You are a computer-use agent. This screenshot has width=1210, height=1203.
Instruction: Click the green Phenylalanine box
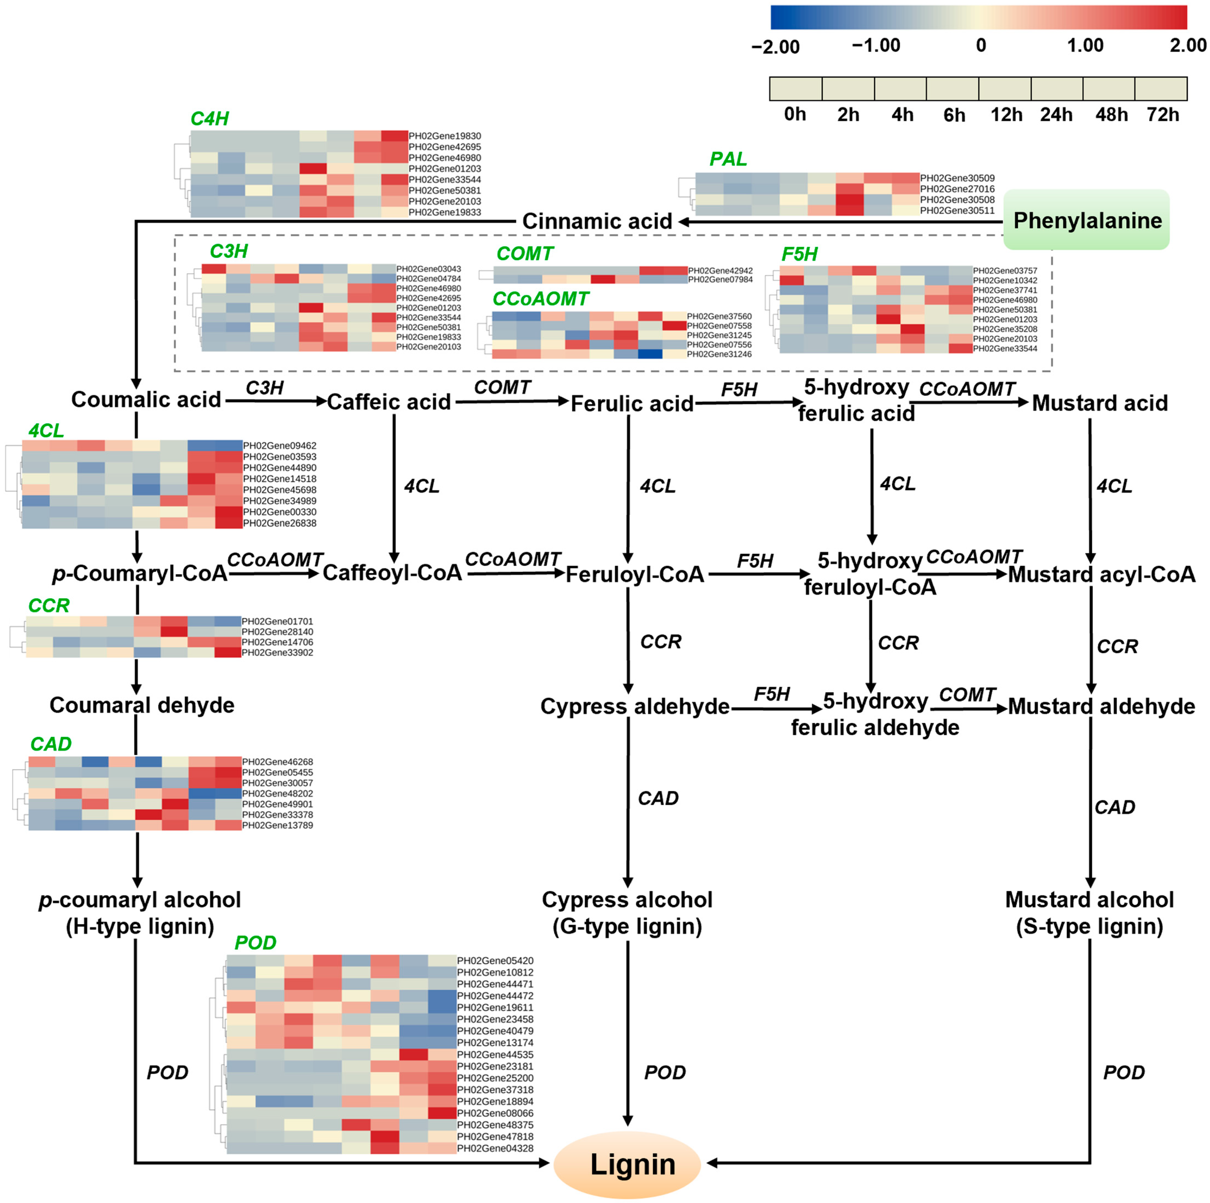(x=1087, y=220)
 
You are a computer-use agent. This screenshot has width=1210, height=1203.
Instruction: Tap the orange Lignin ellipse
(x=628, y=1165)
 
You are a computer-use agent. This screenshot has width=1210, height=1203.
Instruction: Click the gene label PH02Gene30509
(x=957, y=178)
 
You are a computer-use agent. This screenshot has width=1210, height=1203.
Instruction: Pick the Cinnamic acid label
(x=597, y=221)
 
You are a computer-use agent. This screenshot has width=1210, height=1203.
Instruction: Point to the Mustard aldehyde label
(x=1101, y=706)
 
